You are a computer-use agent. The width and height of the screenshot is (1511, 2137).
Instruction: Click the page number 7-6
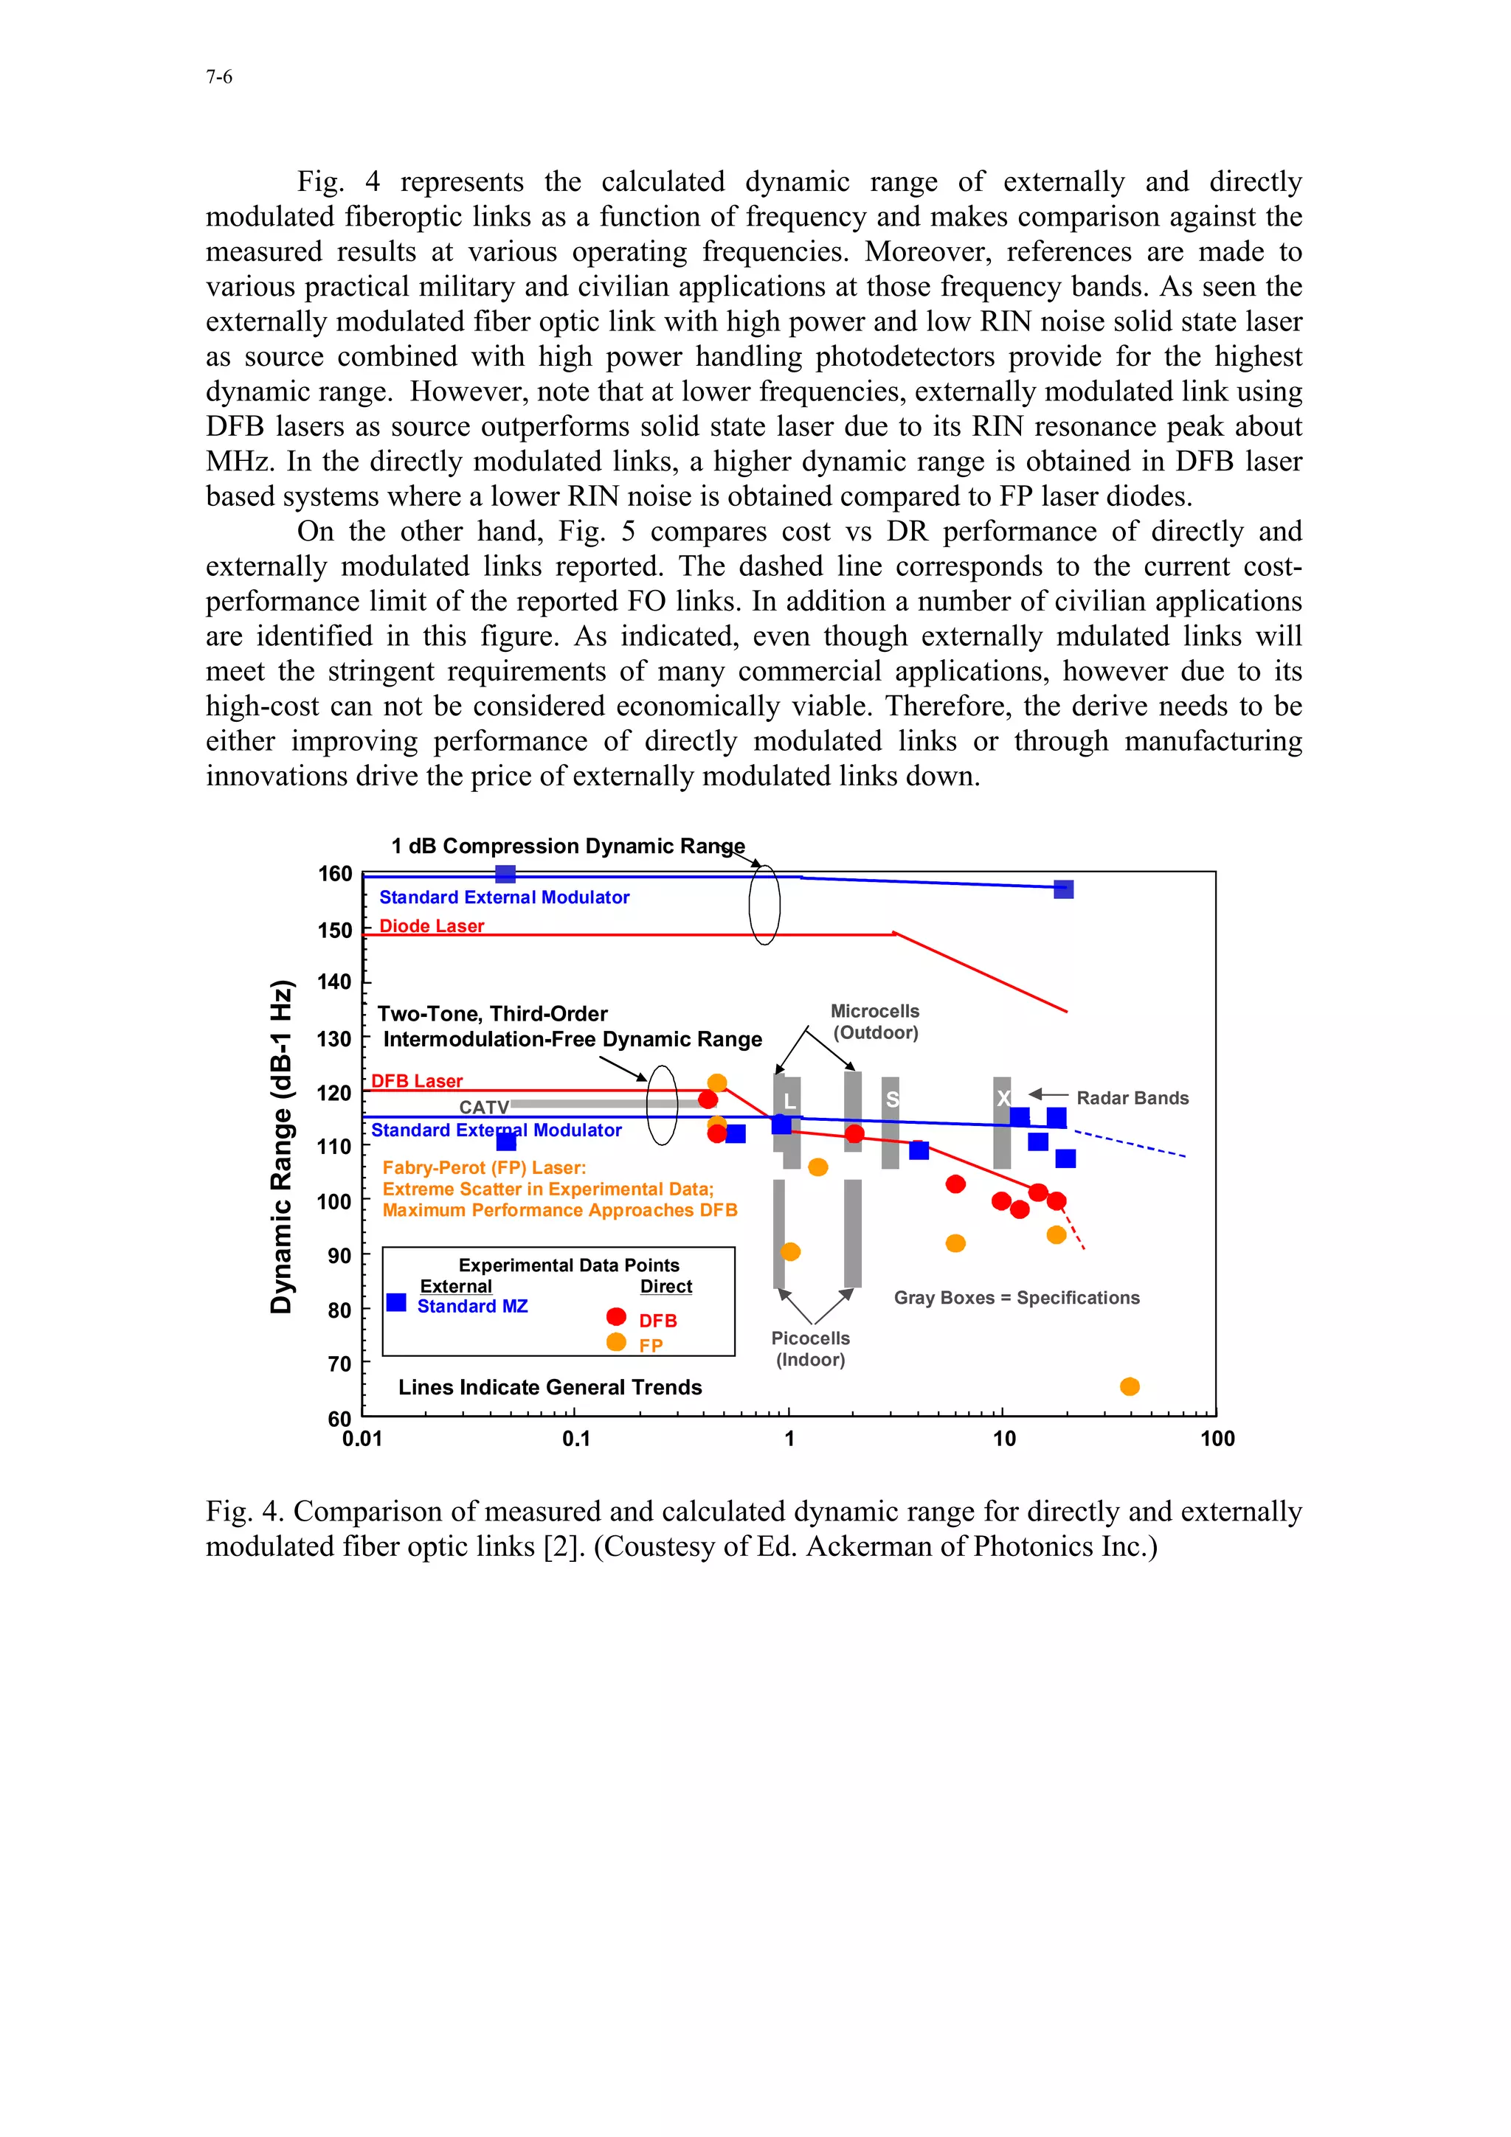(219, 77)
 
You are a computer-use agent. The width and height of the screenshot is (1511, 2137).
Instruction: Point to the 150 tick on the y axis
(335, 930)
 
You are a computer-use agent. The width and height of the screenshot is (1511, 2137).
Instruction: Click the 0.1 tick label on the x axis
(576, 1438)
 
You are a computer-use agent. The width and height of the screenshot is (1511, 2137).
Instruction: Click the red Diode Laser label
(431, 925)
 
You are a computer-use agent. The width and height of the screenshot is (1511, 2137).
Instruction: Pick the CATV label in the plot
(483, 1107)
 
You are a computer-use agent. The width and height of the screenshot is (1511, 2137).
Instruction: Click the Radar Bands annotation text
(1132, 1098)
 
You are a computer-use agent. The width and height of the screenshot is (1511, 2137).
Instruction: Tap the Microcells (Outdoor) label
(875, 1021)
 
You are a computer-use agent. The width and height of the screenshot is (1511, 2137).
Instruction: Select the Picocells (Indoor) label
(810, 1348)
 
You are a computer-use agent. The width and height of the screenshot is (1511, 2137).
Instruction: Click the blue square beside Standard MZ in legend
(397, 1302)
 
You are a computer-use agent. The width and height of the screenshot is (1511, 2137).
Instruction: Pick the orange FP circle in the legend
(616, 1341)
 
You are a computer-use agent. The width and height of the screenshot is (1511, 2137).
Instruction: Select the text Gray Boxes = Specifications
(1016, 1298)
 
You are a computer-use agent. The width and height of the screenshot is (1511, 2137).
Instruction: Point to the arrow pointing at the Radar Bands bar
(1046, 1094)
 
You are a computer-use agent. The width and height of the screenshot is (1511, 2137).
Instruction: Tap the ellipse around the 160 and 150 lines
(764, 904)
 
